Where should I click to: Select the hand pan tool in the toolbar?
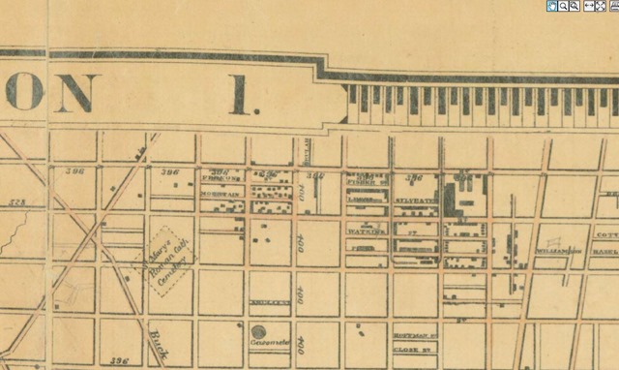552,6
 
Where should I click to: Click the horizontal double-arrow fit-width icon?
587,6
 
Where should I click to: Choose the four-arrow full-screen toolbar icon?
600,6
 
